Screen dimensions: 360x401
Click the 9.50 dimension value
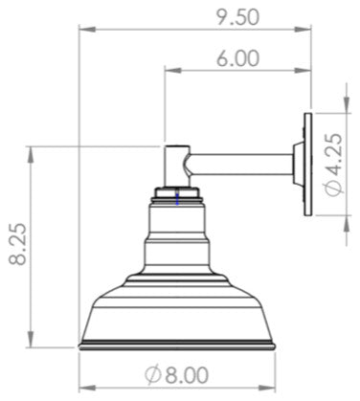click(x=237, y=17)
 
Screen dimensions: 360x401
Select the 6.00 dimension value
click(x=237, y=58)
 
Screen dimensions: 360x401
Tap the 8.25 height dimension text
click(x=18, y=244)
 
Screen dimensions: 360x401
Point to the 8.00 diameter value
click(x=187, y=375)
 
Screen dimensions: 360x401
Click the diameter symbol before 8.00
click(x=152, y=375)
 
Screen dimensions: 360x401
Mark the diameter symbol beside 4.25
click(x=335, y=188)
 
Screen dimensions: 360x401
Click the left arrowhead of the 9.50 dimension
click(x=87, y=30)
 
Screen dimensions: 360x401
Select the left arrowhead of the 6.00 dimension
click(x=172, y=71)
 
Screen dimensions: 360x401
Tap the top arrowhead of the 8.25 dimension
click(x=31, y=154)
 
